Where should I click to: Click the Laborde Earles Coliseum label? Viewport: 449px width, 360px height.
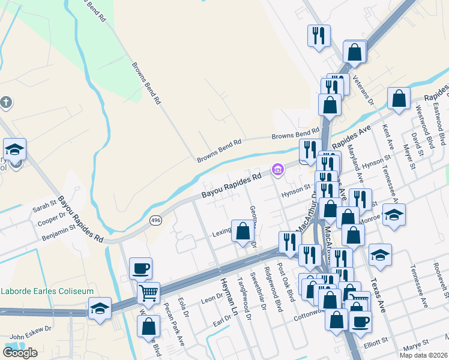(47, 291)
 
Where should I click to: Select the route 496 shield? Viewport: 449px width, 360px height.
(156, 221)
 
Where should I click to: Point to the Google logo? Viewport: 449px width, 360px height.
(20, 352)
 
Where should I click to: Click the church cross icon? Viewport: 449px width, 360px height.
(6, 103)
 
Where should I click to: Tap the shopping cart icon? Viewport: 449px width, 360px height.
(148, 293)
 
